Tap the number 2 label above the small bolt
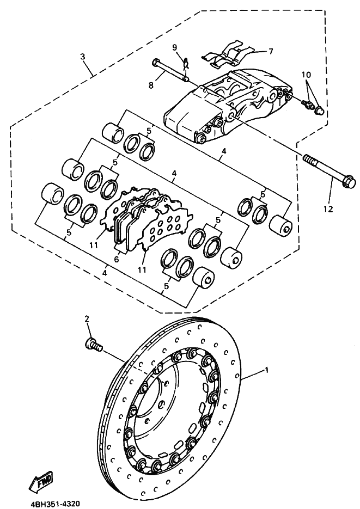pos(86,319)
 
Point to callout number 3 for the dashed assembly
pos(83,57)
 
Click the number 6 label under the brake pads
pos(116,260)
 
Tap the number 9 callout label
pos(174,47)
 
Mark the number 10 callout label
pos(306,74)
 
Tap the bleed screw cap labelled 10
pos(319,111)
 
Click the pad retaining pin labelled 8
pos(171,71)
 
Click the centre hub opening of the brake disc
pos(166,403)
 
